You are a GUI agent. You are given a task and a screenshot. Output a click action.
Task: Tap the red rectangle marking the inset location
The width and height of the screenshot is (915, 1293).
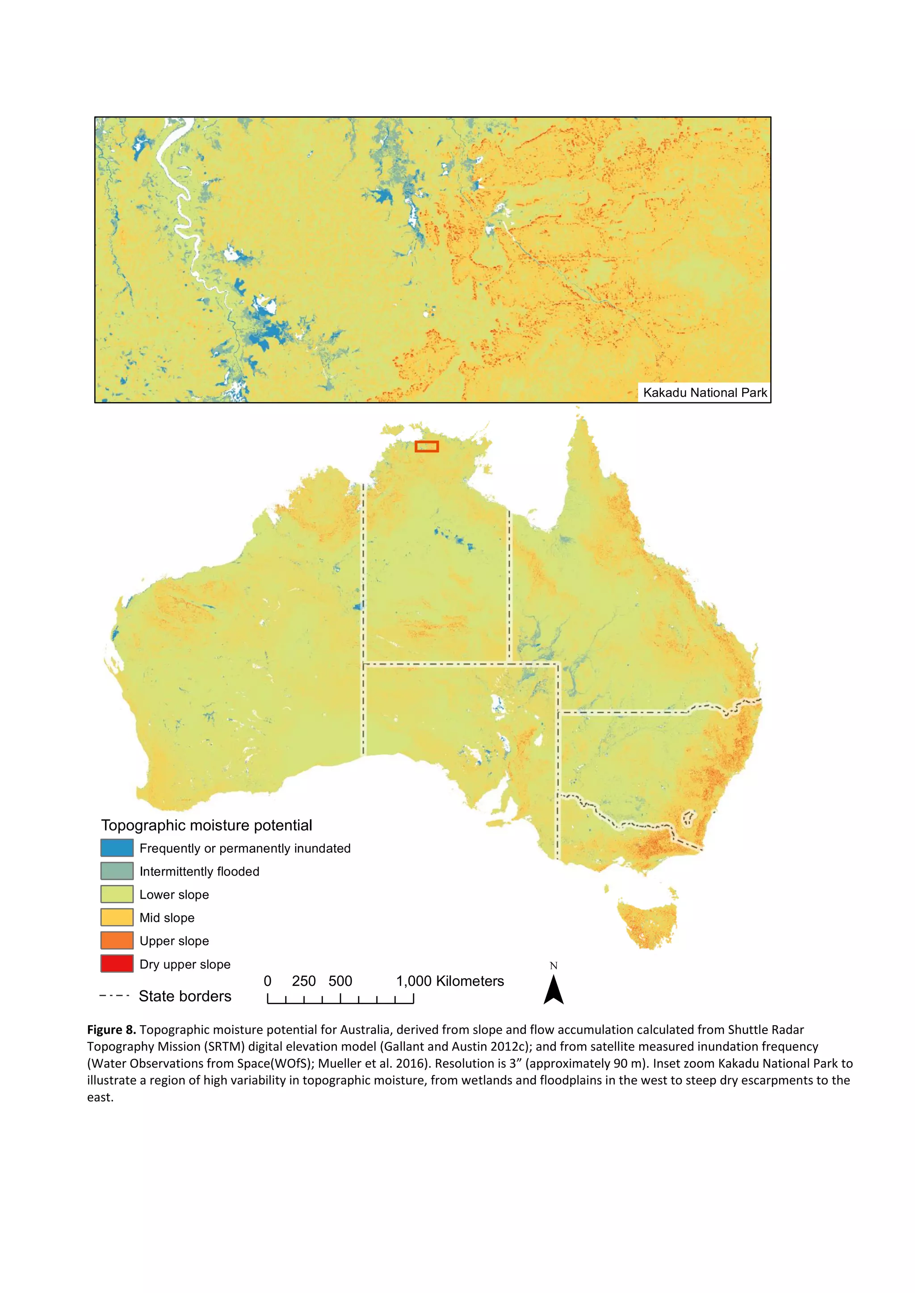(427, 446)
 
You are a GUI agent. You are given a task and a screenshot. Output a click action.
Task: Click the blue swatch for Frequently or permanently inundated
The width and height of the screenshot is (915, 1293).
(117, 847)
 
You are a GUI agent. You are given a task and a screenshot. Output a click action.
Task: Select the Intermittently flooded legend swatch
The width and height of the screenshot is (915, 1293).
(117, 871)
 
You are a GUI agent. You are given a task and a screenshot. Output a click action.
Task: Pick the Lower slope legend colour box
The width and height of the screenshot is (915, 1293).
(117, 894)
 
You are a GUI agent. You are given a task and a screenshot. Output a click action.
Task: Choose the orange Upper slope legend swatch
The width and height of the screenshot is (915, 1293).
(117, 940)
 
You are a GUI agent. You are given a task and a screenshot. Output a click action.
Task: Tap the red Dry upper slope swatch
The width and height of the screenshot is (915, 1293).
(117, 963)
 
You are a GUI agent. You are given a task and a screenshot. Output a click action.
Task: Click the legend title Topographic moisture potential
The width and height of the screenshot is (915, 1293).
(206, 825)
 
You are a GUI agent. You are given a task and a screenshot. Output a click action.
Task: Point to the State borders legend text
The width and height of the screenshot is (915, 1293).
(185, 996)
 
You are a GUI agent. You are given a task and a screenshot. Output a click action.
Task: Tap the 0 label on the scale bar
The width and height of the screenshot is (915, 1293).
(268, 981)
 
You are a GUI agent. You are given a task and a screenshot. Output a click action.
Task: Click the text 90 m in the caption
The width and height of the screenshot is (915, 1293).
(628, 1063)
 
